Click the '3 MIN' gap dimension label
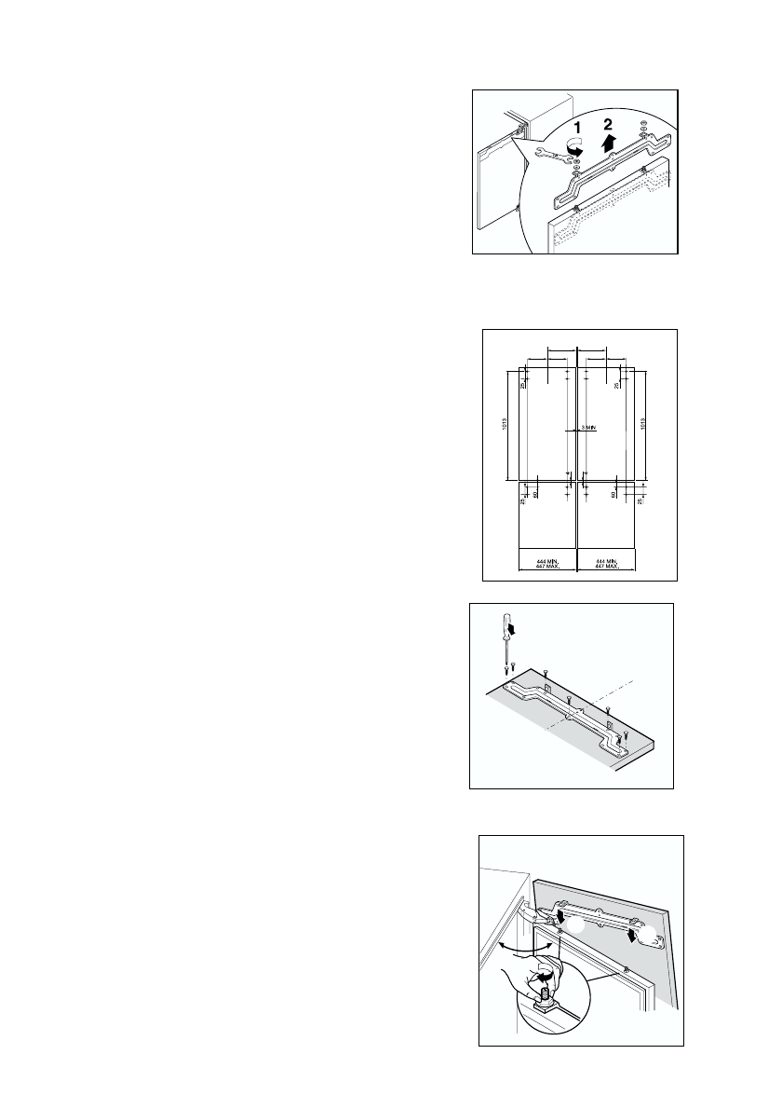(x=588, y=427)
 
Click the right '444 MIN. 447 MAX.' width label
(x=607, y=562)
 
